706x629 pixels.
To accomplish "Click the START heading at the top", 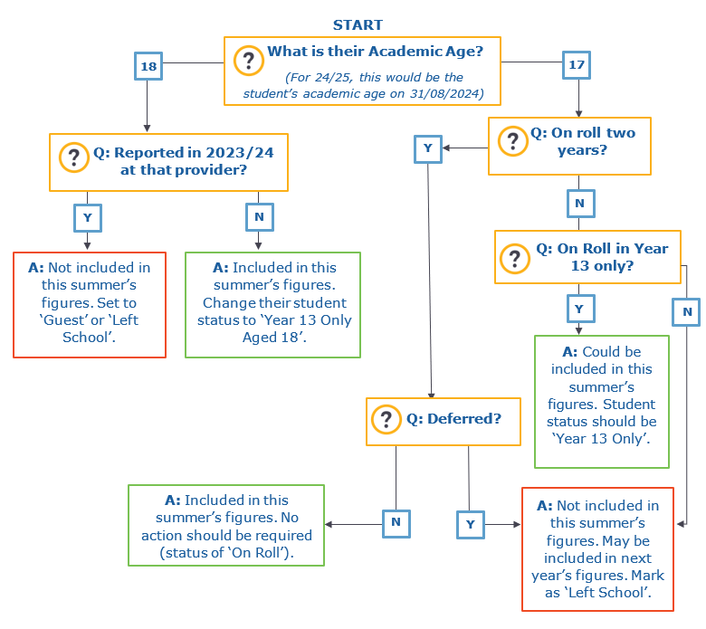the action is (358, 24).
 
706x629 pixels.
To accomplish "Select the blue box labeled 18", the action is (148, 66).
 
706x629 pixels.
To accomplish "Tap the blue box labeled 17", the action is (577, 65).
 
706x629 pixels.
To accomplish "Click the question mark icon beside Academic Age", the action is (249, 61).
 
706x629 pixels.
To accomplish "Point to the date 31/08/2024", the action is (444, 93).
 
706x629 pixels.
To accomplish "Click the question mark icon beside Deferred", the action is (386, 419).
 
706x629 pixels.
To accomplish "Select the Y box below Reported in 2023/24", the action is (88, 218).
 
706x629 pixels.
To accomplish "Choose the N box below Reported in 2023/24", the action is (260, 217).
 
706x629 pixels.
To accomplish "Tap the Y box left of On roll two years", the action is (428, 148).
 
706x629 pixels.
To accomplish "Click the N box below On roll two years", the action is (580, 204).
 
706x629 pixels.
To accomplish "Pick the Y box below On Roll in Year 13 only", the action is (580, 309).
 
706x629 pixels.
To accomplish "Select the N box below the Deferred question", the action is (396, 524).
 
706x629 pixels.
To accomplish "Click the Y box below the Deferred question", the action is (471, 525).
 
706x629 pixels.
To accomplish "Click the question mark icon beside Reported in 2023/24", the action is (74, 157).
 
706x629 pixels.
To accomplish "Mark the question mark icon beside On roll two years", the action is (513, 141).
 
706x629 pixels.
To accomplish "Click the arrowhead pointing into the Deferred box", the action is (432, 396).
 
